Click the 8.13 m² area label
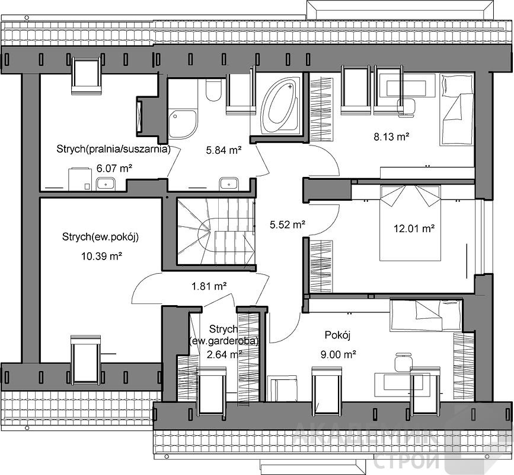pos(391,136)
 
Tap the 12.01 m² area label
pos(414,228)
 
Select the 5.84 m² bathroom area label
pos(224,150)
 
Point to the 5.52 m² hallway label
pos(288,224)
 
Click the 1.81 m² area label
pos(209,286)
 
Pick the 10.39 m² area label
pos(102,256)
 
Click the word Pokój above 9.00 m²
pos(338,335)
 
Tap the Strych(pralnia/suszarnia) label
pos(113,148)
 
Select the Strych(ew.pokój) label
pos(100,237)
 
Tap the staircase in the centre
pos(216,231)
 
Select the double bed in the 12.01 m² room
pos(410,223)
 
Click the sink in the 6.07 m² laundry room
pos(106,184)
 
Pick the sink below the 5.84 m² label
pos(229,183)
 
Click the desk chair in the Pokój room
pos(403,362)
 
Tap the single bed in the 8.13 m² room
pos(456,109)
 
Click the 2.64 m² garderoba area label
pos(225,354)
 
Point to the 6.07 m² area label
pos(114,169)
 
